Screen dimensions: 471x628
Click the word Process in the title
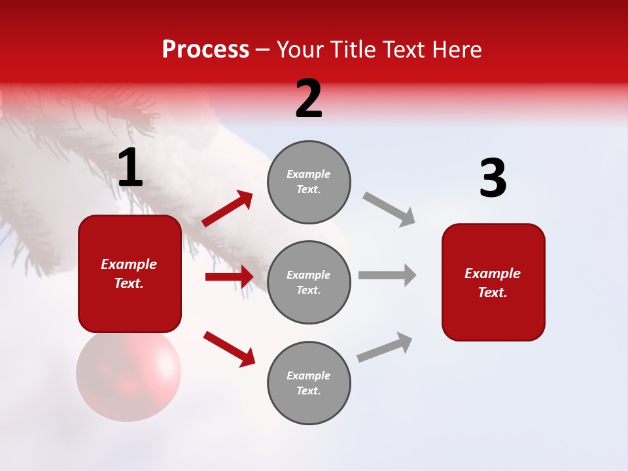click(205, 49)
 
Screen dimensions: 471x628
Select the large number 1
click(130, 168)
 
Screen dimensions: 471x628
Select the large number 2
click(309, 99)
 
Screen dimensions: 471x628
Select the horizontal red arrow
click(229, 277)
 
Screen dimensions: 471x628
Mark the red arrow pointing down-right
click(230, 348)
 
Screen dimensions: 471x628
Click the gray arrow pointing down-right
click(389, 209)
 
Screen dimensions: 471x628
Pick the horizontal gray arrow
click(387, 275)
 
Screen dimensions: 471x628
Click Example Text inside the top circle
click(309, 182)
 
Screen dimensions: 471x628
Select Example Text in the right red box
click(493, 283)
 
